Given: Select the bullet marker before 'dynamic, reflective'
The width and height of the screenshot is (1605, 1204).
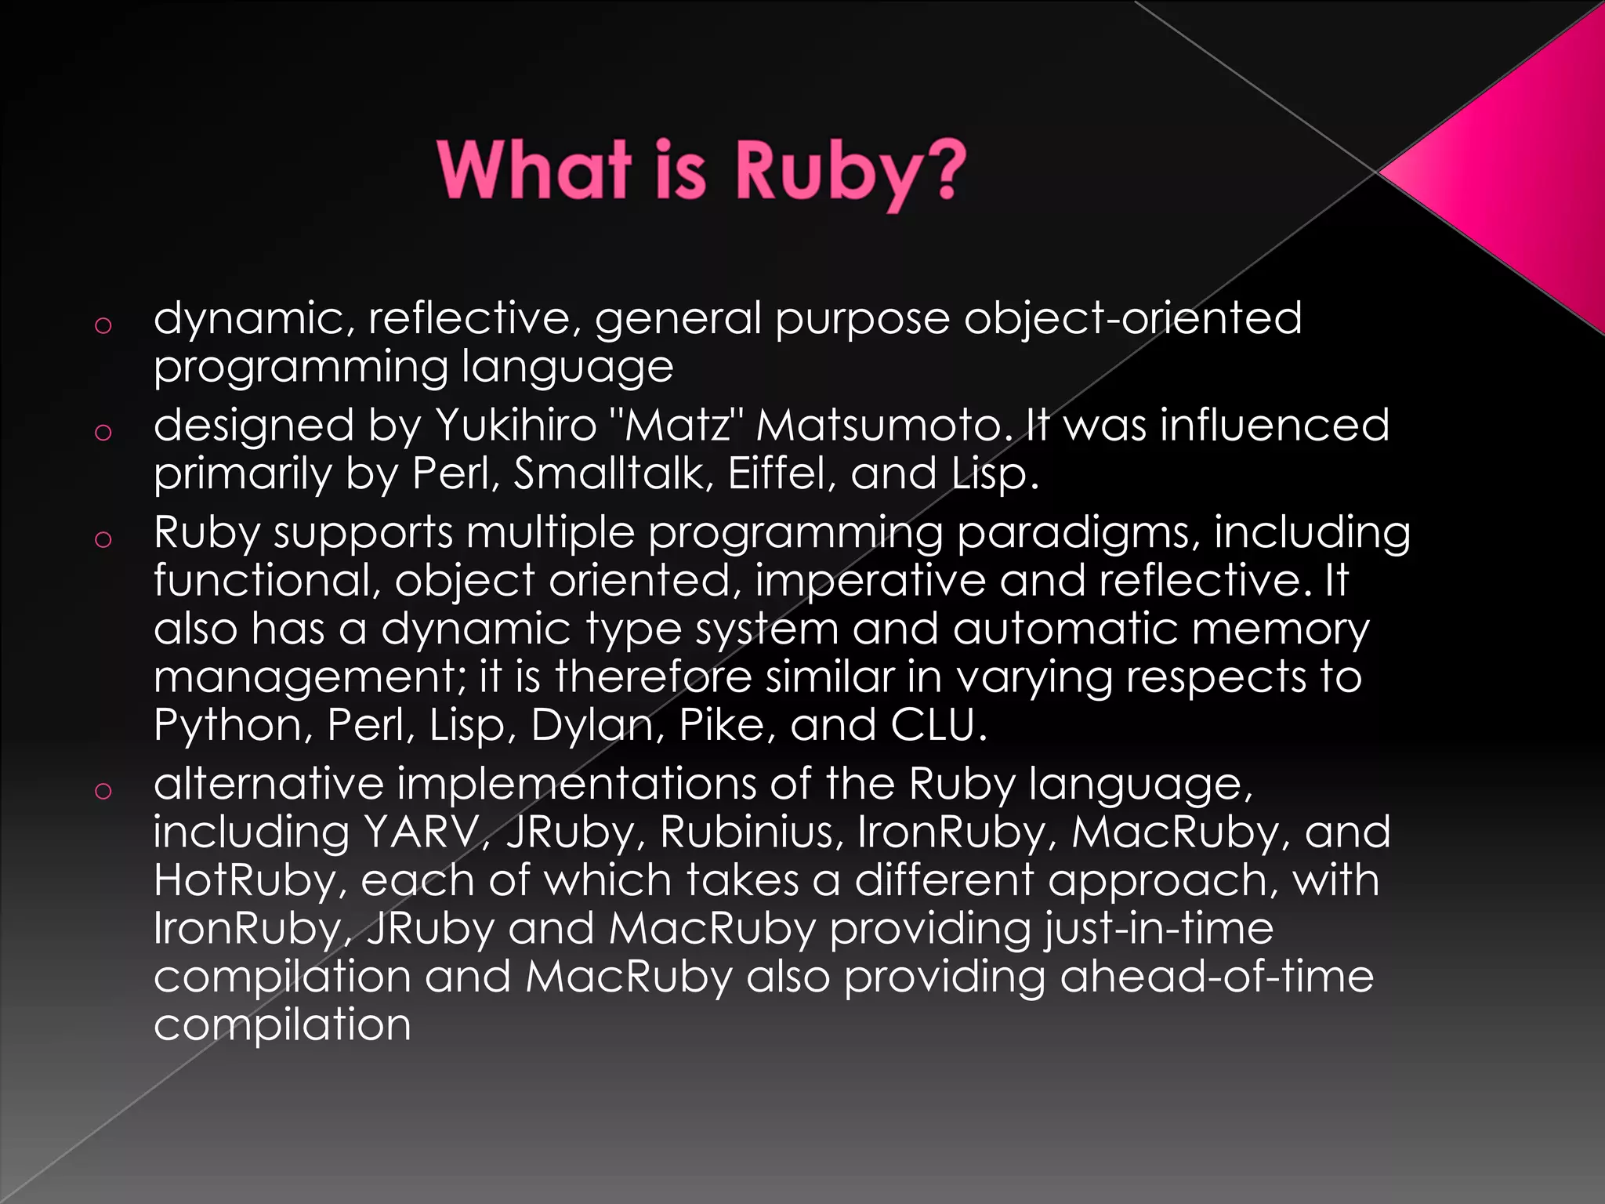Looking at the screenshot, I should pos(103,325).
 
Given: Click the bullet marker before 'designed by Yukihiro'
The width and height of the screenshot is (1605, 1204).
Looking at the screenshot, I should pos(103,431).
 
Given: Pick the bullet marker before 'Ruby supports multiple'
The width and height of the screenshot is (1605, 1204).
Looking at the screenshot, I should pos(103,539).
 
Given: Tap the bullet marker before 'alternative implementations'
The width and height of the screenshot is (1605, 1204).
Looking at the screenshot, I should pos(103,790).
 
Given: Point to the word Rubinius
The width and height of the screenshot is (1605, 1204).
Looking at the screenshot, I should pos(752,832).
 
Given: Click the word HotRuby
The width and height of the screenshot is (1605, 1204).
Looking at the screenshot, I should pos(249,881).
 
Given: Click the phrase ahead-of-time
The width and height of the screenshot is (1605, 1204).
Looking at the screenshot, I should pos(1216,977).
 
